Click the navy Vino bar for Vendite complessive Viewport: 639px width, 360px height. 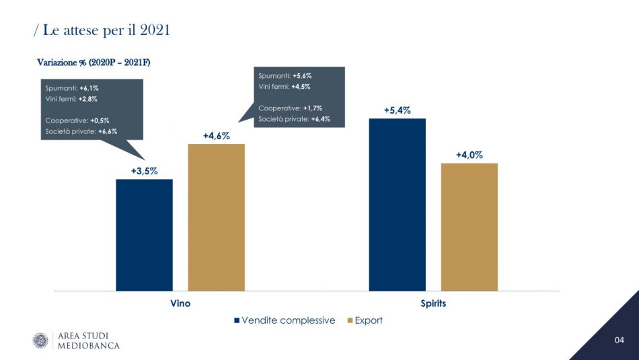(x=144, y=235)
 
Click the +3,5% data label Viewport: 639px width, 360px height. (x=145, y=171)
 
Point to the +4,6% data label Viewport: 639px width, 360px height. (x=216, y=136)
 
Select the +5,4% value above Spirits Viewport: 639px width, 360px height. (x=397, y=110)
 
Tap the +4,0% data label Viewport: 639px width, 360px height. (x=469, y=155)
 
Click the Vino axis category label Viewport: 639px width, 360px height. (x=180, y=303)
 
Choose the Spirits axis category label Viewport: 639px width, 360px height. (x=433, y=303)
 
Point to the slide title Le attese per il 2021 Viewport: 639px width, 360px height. (x=101, y=30)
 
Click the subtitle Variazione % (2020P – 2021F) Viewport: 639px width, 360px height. (x=93, y=63)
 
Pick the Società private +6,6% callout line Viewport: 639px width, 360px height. (x=81, y=131)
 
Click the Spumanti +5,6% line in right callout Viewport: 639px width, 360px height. (x=285, y=76)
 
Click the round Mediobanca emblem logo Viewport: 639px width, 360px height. (x=42, y=340)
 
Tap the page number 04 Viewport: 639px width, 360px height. (x=619, y=340)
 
